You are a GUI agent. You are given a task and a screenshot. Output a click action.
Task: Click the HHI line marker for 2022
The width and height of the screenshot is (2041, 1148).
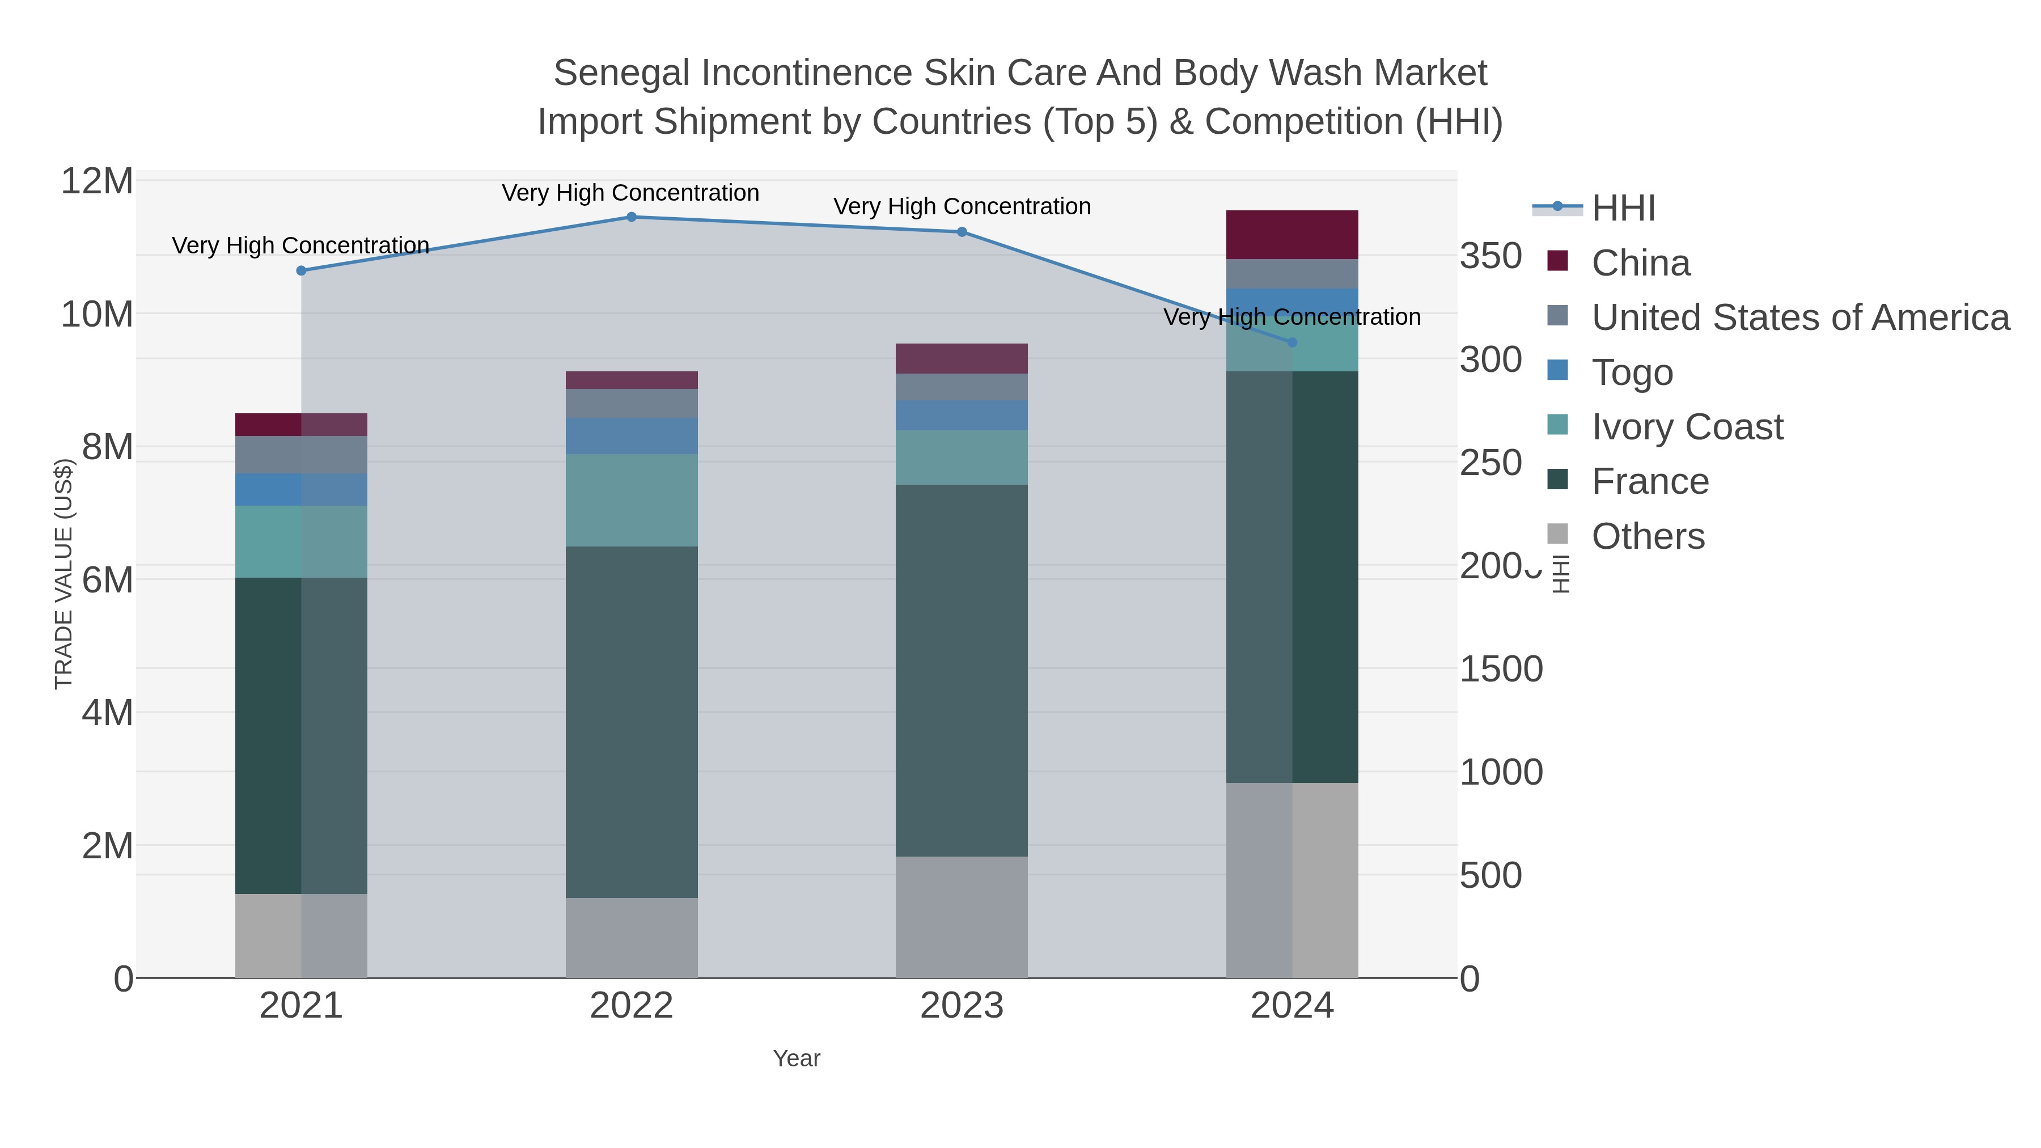point(632,217)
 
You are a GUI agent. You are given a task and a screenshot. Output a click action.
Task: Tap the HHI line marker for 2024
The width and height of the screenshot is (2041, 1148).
point(1292,342)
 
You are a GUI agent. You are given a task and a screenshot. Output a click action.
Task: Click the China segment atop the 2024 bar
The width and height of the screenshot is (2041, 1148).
point(1291,235)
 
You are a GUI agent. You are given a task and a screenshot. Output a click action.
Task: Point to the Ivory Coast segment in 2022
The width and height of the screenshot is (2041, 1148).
point(632,500)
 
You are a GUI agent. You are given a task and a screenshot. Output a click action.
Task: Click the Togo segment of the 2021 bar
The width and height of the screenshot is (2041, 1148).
point(300,490)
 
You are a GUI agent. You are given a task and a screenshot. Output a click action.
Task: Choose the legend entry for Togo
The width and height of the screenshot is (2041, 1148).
point(1632,372)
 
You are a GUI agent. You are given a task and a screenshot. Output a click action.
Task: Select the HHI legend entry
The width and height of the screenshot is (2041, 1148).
point(1623,209)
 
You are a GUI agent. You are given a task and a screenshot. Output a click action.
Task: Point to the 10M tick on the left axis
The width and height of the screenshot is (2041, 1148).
point(96,315)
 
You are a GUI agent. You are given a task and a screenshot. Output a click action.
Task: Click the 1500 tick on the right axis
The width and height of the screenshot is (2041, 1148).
point(1501,670)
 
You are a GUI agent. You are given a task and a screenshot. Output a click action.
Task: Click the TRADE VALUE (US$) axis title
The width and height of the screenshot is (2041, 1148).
point(63,574)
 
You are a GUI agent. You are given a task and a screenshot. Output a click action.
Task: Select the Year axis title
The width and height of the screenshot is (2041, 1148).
point(797,1058)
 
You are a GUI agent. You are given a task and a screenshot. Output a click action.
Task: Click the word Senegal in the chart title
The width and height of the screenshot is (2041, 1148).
point(621,73)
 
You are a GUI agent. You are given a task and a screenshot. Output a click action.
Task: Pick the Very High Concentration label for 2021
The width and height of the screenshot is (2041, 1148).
point(300,245)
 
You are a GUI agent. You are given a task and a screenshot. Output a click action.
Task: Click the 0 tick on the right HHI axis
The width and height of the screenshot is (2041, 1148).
point(1470,979)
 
